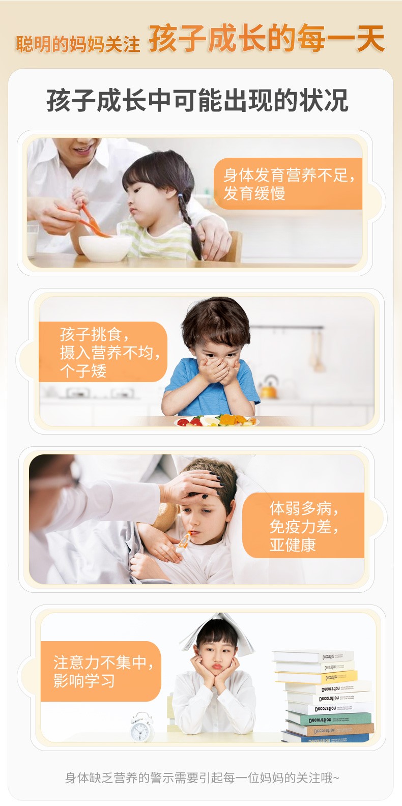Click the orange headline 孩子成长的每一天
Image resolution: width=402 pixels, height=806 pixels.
click(267, 38)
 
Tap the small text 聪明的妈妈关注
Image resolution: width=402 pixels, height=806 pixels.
click(78, 44)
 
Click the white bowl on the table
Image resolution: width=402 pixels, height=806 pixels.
click(105, 248)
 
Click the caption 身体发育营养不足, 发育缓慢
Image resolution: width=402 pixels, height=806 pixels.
click(289, 184)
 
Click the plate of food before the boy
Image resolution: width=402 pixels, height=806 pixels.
click(217, 421)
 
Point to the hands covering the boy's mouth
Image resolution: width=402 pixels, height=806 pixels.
click(218, 369)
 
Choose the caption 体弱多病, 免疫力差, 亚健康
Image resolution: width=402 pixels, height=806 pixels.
click(304, 527)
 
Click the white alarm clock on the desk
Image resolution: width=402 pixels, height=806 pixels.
click(141, 727)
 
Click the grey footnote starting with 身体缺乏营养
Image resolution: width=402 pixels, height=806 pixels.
click(202, 778)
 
